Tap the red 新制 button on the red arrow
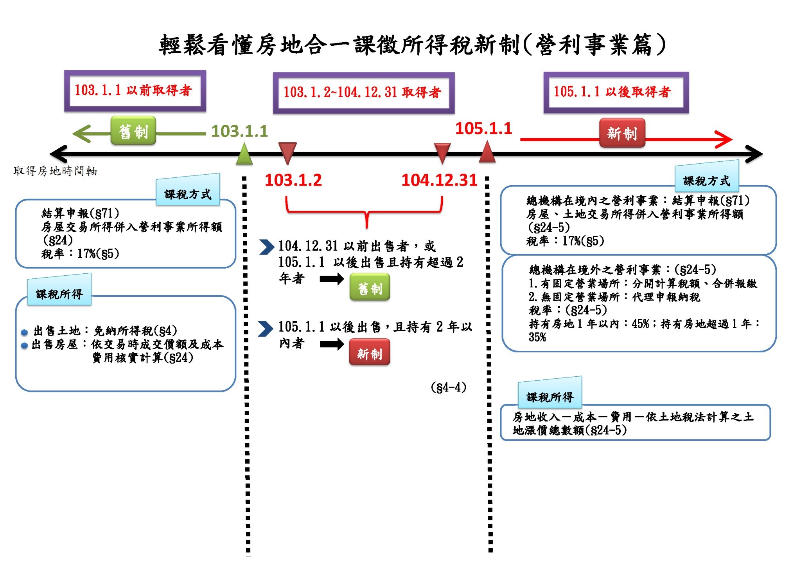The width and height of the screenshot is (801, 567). [x=622, y=133]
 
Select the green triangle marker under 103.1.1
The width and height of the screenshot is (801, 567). [x=244, y=154]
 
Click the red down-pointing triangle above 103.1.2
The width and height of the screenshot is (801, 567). [x=287, y=152]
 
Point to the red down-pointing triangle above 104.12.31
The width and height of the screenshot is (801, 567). [x=442, y=152]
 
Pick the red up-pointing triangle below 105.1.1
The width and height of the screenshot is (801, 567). [x=487, y=152]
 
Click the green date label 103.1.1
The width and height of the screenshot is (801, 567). [x=239, y=131]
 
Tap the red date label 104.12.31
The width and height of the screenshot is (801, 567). [x=439, y=180]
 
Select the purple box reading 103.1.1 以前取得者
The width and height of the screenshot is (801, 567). [x=135, y=91]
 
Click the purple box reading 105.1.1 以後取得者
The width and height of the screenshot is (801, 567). [x=616, y=92]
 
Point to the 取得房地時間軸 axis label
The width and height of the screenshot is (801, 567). [x=55, y=171]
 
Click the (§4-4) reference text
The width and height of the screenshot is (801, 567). [x=448, y=388]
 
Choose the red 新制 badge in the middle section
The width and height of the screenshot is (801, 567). [x=370, y=354]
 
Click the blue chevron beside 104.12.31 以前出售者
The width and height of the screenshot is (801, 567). [x=267, y=247]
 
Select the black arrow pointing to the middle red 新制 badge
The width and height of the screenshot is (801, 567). [x=331, y=344]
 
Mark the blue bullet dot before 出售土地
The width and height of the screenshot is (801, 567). [x=24, y=332]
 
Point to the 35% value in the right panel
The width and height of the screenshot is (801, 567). [x=537, y=337]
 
